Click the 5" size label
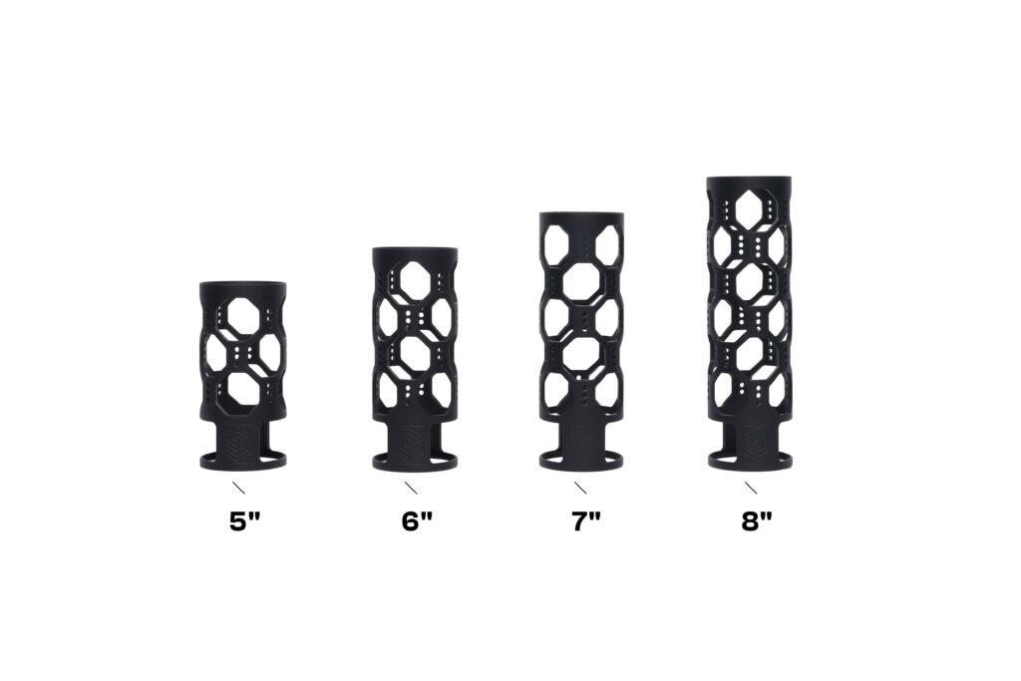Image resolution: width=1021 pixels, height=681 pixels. tap(245, 521)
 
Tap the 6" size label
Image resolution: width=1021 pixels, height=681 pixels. tap(417, 521)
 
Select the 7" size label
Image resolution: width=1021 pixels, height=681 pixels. tap(586, 521)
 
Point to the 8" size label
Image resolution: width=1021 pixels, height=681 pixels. tap(757, 521)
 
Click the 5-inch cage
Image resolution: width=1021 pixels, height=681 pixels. tap(242, 376)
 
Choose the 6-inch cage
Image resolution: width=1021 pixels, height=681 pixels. tap(415, 359)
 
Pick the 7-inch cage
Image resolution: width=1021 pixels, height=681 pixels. tap(581, 341)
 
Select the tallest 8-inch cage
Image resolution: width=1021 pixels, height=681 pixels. tap(752, 323)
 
